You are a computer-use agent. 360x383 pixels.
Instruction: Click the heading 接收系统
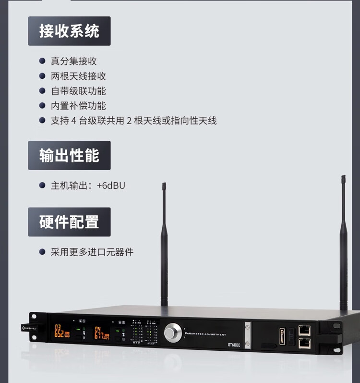click(69, 31)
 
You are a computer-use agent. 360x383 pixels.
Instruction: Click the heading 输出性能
click(69, 156)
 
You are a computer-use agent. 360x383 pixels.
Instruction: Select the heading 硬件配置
click(69, 222)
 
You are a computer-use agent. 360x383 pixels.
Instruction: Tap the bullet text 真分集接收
click(74, 61)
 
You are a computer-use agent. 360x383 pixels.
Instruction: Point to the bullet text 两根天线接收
click(78, 76)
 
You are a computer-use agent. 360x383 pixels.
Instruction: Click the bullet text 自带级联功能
click(78, 91)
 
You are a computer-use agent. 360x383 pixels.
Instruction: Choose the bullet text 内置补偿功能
click(78, 106)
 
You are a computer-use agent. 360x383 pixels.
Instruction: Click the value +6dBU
click(111, 185)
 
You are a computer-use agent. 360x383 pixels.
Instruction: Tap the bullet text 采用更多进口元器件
click(92, 252)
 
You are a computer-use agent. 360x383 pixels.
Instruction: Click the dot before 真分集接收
click(42, 61)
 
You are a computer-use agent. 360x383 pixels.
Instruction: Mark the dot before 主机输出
click(42, 185)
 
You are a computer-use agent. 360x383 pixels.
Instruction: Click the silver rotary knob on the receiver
click(173, 332)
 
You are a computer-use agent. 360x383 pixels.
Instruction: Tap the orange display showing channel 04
click(101, 332)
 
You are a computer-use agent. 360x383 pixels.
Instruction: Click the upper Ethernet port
click(304, 331)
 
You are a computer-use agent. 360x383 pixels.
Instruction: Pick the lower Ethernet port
click(304, 343)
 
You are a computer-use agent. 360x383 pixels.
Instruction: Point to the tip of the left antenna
click(164, 185)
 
